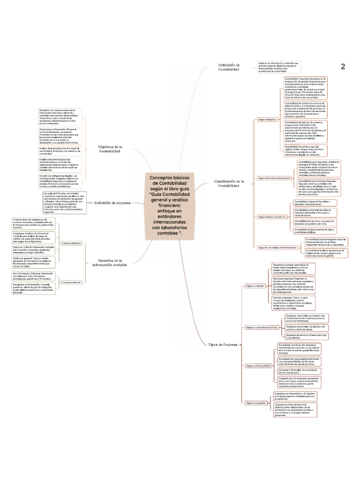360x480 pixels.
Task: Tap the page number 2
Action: tap(343, 67)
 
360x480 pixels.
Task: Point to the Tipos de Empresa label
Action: tap(223, 345)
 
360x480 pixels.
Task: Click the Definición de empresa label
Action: tap(112, 203)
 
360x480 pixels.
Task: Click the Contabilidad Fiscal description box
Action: tap(305, 150)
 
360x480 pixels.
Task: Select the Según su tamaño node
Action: tap(255, 285)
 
